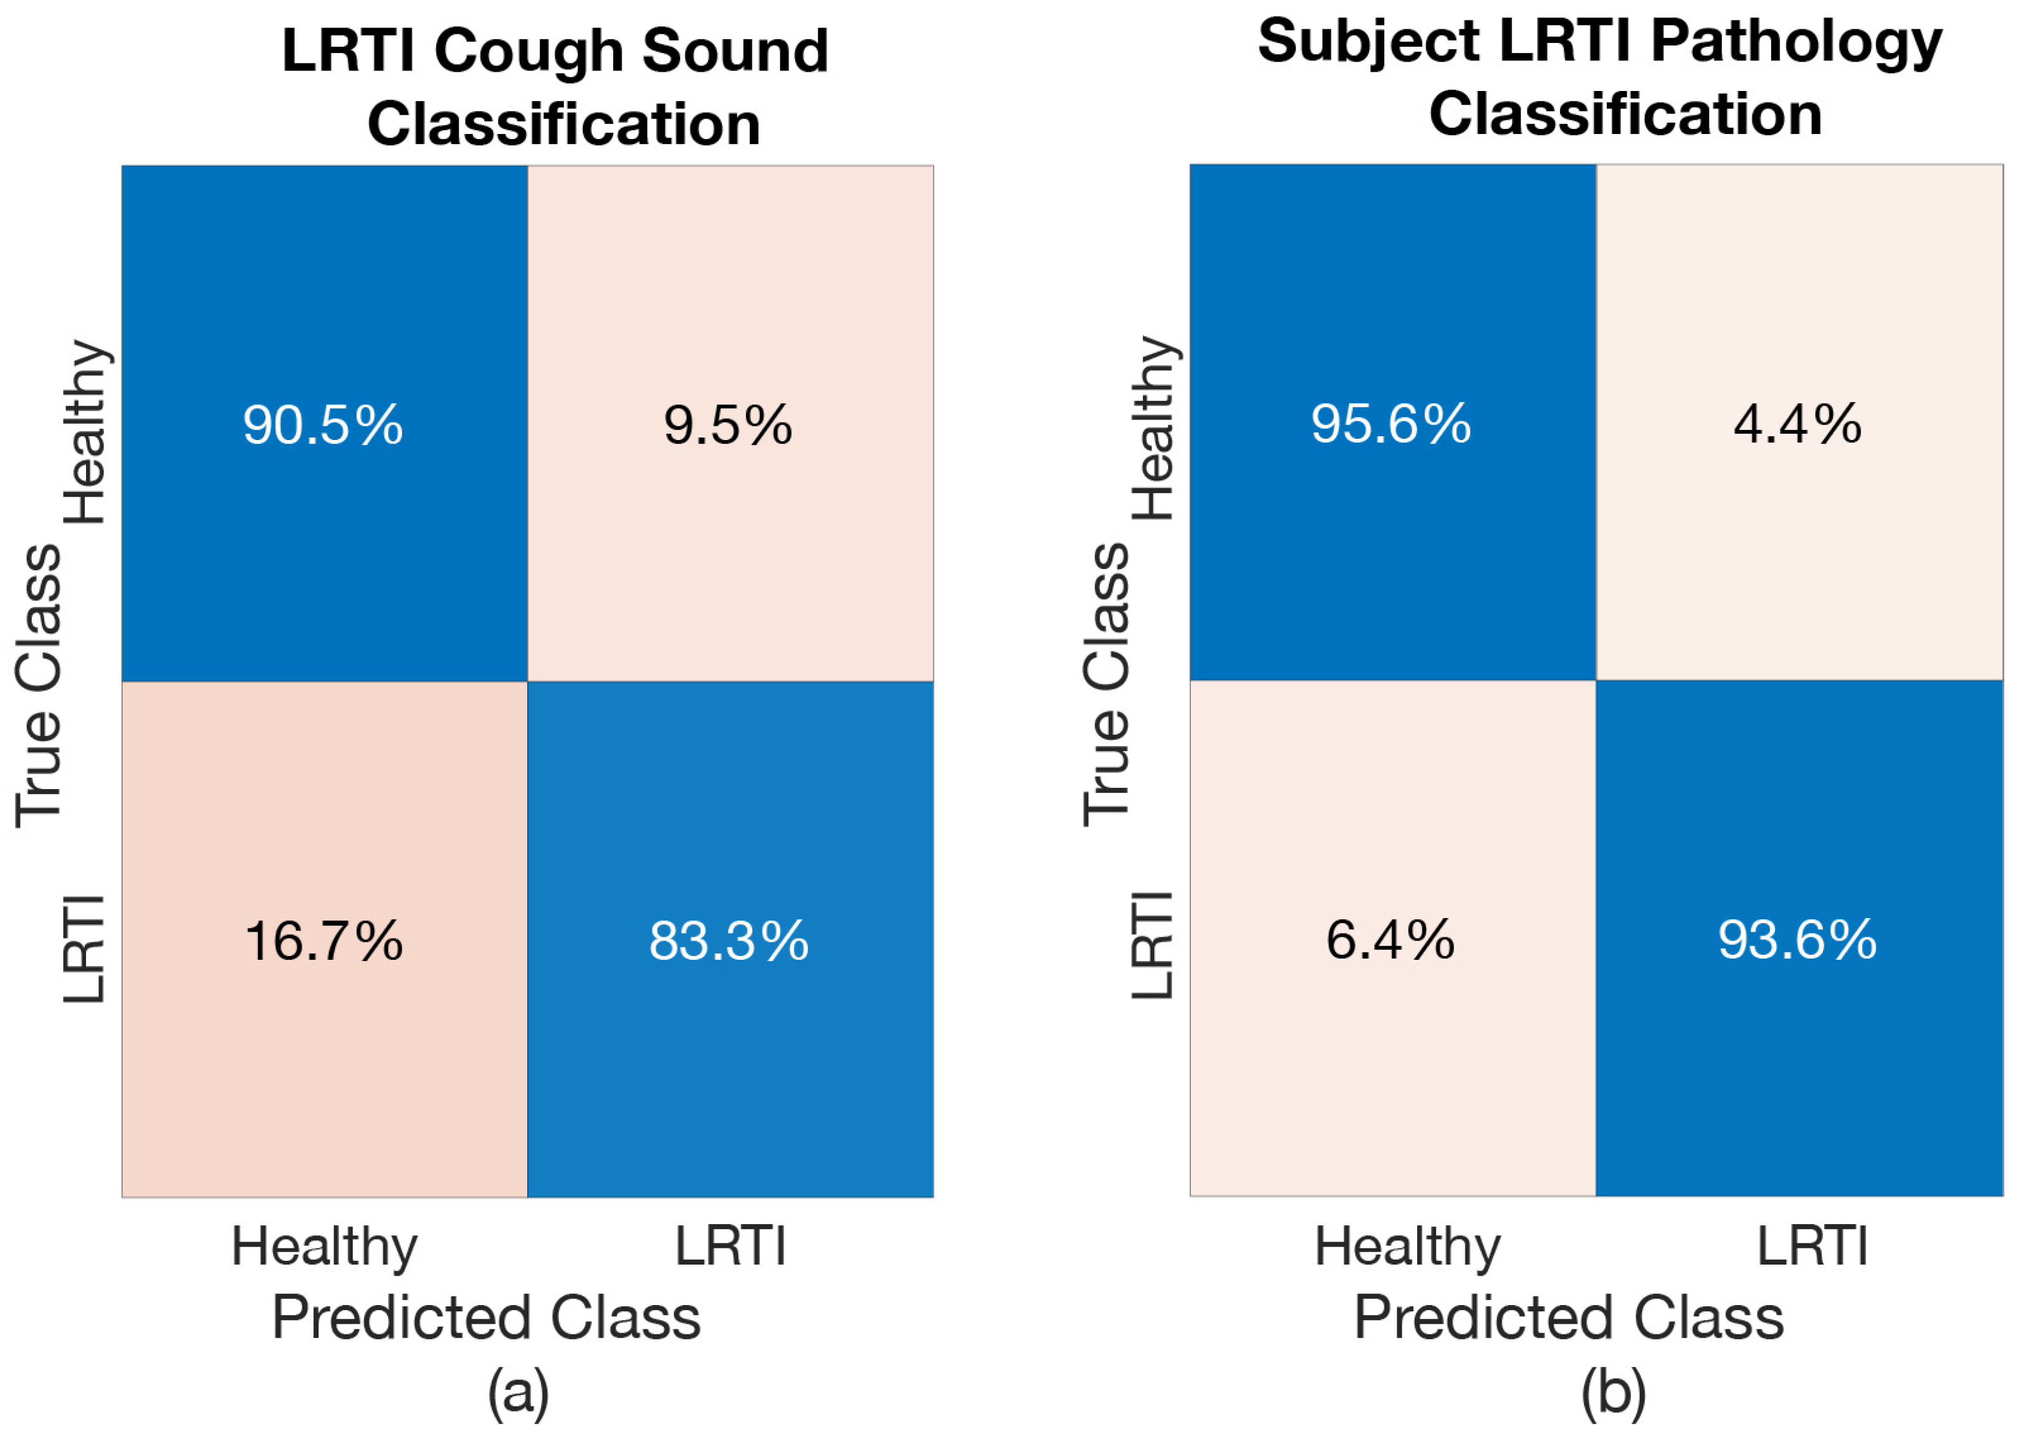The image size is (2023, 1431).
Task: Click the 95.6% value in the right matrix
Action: pyautogui.click(x=1391, y=424)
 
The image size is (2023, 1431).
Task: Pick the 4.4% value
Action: pyautogui.click(x=1797, y=424)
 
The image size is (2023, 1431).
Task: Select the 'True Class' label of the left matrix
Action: pyautogui.click(x=39, y=686)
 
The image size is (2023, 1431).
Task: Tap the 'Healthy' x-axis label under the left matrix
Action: pyautogui.click(x=324, y=1248)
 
